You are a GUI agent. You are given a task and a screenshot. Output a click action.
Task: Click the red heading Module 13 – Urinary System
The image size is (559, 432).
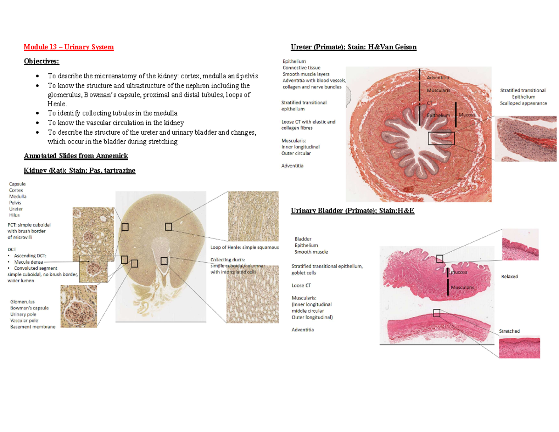point(69,47)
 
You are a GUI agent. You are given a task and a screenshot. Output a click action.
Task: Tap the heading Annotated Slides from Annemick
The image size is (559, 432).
point(75,155)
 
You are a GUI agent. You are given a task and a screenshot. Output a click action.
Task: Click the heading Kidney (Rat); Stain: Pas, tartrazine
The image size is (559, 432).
point(80,171)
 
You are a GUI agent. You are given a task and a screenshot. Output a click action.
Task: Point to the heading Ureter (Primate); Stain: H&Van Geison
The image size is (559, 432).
point(354,47)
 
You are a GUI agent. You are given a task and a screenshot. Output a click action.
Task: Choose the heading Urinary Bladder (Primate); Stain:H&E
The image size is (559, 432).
point(352,211)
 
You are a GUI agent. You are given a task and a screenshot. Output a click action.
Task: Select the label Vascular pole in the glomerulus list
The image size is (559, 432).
point(26,321)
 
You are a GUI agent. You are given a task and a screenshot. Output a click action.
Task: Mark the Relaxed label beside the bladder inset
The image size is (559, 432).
point(509,276)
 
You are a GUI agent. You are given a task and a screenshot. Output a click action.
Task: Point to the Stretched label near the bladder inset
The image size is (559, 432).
point(510,331)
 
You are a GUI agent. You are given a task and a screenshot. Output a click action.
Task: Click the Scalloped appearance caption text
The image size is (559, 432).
point(524,103)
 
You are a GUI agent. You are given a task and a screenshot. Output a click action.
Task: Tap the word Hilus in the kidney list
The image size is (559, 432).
point(15,215)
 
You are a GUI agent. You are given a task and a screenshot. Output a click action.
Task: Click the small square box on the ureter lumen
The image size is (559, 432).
point(441,138)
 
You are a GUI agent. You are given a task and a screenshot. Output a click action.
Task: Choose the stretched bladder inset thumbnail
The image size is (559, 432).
point(518,348)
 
